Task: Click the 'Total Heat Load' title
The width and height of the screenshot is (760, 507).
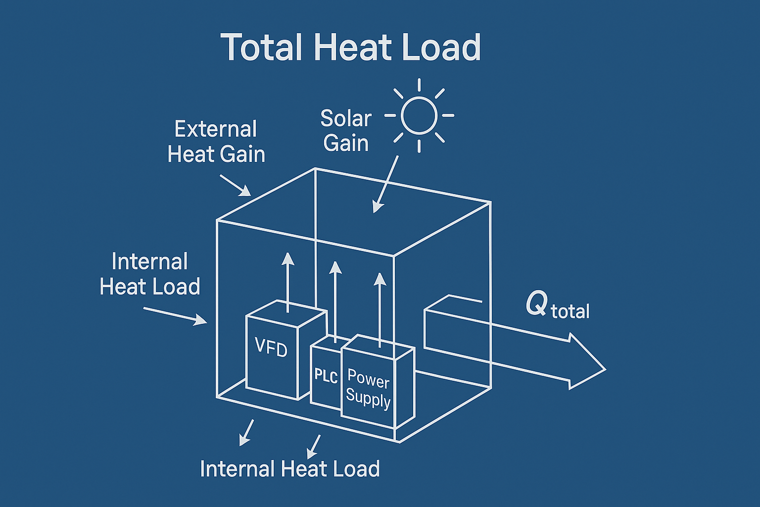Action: tap(351, 47)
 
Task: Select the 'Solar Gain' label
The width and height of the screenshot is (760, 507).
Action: tap(346, 131)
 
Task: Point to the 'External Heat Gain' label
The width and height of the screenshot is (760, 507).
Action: tap(216, 142)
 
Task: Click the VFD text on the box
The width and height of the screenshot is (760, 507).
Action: tap(271, 347)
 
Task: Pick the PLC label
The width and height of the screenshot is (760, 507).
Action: tap(326, 376)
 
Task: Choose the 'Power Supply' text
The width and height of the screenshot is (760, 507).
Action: tap(368, 388)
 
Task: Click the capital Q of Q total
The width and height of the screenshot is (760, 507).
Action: tap(536, 303)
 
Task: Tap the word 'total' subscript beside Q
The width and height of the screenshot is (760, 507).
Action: tap(570, 311)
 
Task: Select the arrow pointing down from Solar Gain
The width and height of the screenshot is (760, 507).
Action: tap(385, 184)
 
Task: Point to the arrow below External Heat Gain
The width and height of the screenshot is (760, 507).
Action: tap(236, 185)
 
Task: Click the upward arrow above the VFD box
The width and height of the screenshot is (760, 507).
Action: tap(288, 282)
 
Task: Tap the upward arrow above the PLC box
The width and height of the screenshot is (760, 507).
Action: tap(335, 302)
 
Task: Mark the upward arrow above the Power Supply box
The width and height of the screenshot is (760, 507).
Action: tap(380, 310)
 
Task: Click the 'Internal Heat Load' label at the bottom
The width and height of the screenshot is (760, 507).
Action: tap(290, 469)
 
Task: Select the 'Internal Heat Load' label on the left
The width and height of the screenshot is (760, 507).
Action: tap(149, 274)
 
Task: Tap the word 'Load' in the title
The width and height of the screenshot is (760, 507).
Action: tap(441, 47)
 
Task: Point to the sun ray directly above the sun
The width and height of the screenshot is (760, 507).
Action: tap(419, 85)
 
